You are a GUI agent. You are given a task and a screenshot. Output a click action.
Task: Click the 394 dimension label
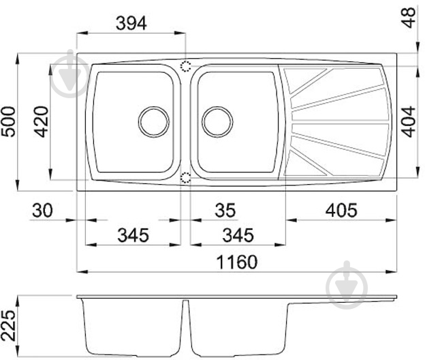[131, 23]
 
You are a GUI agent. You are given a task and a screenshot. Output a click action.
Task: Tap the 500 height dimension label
[8, 122]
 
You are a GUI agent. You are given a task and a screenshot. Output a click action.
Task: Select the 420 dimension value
[41, 122]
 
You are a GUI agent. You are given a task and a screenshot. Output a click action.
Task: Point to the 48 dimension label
[409, 17]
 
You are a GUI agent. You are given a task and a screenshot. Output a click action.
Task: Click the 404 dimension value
[408, 122]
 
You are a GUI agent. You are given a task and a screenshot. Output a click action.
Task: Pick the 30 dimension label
[42, 210]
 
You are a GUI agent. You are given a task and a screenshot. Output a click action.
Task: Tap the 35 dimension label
[225, 210]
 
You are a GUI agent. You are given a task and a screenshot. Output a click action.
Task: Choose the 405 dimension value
[341, 210]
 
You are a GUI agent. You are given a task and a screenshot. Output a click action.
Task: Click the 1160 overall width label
[236, 262]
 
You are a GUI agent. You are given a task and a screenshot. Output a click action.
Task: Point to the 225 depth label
[8, 325]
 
